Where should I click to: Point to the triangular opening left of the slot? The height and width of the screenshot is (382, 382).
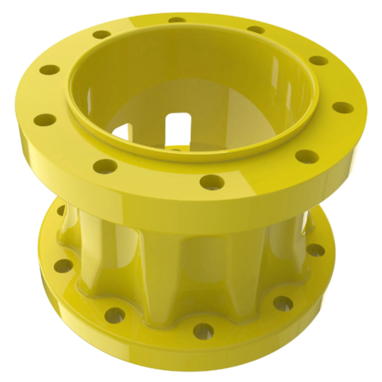123,133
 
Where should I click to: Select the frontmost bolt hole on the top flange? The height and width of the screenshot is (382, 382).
212,181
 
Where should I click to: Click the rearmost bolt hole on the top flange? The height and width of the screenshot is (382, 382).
178,20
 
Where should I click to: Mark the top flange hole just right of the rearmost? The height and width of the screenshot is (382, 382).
255,31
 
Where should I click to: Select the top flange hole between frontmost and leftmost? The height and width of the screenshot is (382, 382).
104,166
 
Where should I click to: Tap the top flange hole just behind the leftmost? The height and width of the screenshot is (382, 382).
49,70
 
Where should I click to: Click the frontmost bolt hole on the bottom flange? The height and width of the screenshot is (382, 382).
202,328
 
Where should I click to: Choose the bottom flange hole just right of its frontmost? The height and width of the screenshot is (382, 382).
283,303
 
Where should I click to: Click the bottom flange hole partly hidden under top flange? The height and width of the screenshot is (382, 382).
61,211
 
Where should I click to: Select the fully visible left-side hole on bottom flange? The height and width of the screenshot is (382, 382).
63,266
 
